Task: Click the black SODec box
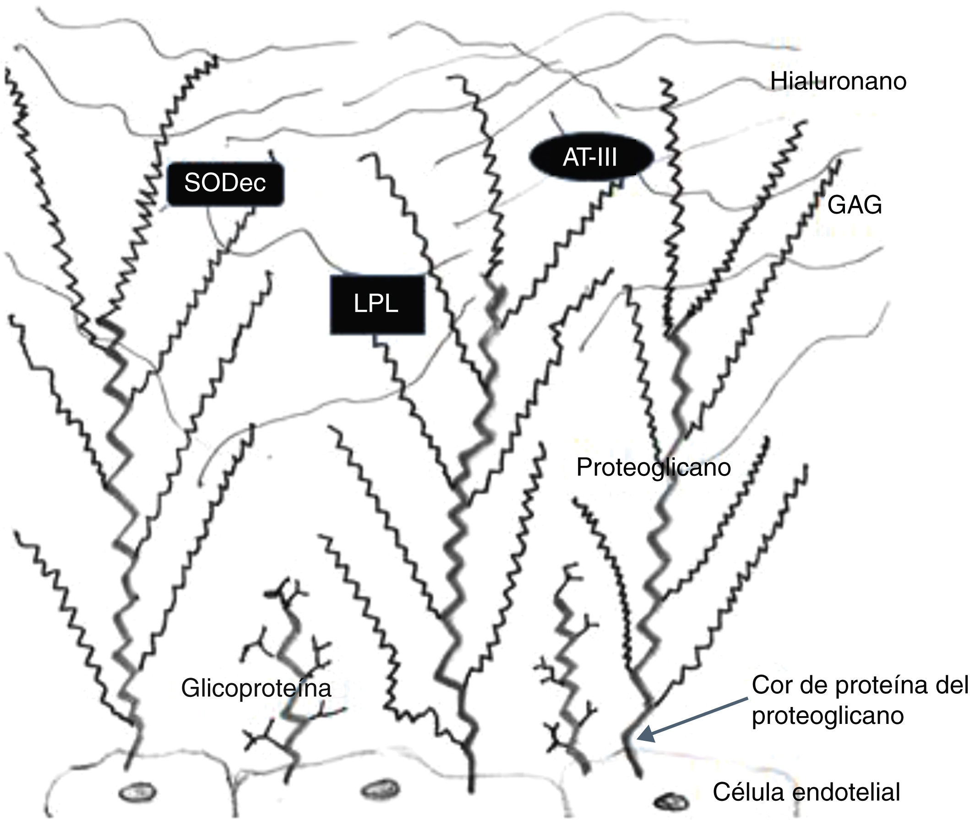click(x=225, y=183)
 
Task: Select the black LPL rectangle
click(x=377, y=304)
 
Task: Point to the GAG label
click(x=854, y=205)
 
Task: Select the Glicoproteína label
click(x=256, y=688)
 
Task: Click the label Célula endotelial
click(x=806, y=792)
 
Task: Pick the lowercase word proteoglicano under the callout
click(x=828, y=715)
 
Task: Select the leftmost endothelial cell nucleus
click(x=137, y=792)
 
